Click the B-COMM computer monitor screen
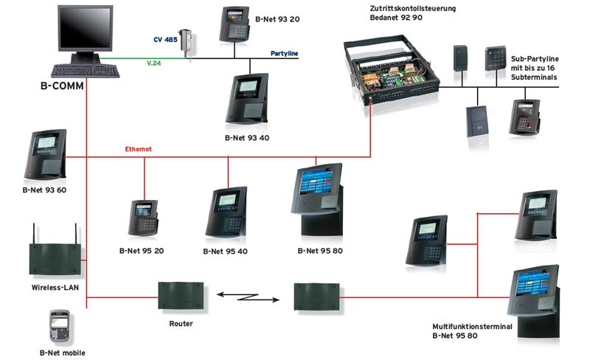86,27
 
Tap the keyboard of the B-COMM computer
86,71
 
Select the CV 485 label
165,40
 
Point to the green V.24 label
153,63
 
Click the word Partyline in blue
284,53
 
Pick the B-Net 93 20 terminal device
234,24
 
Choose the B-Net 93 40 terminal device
247,99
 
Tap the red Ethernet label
138,149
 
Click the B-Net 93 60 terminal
46,154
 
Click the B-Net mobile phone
60,326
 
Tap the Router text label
181,323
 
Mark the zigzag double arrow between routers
248,297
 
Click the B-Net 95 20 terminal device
143,218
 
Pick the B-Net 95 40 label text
225,251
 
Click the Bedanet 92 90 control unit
392,75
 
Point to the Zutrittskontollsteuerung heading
413,8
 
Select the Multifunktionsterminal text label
472,327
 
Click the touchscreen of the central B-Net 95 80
316,181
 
